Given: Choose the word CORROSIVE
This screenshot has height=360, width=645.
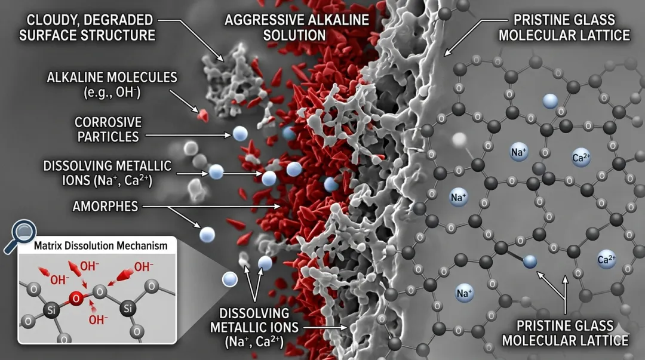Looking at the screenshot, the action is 107,121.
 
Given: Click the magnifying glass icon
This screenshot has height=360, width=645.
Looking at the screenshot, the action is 22,234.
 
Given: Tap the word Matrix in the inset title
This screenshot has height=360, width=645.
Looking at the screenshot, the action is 50,245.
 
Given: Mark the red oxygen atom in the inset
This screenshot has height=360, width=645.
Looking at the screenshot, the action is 75,297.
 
